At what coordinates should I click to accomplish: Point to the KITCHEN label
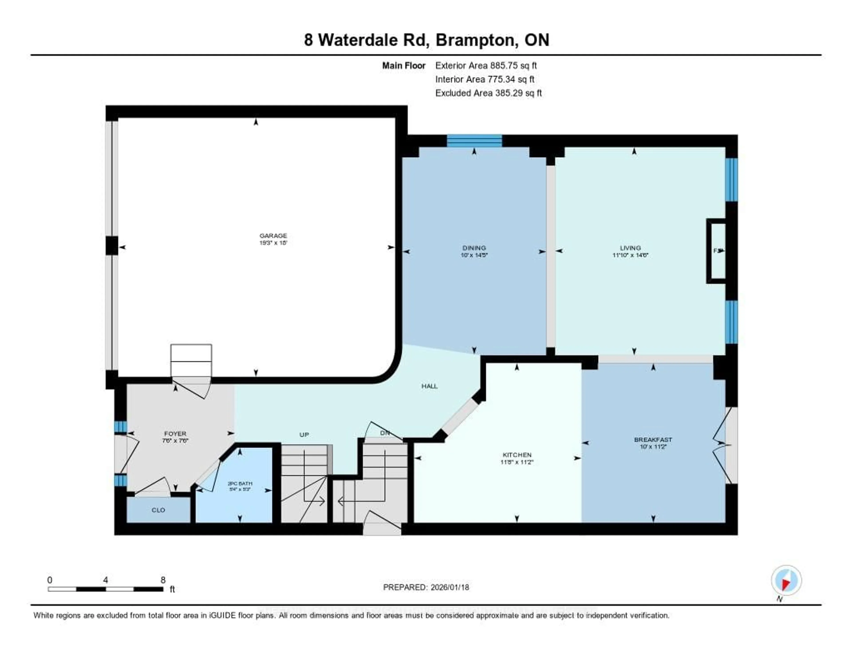click(x=517, y=455)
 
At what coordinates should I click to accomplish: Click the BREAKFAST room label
click(x=653, y=439)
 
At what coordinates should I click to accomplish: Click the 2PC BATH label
click(x=240, y=484)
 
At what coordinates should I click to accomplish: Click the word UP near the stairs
click(x=304, y=435)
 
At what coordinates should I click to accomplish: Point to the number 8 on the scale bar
click(x=163, y=580)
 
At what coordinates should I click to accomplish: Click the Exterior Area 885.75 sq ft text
click(x=486, y=65)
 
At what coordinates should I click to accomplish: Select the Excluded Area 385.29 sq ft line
click(x=488, y=93)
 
